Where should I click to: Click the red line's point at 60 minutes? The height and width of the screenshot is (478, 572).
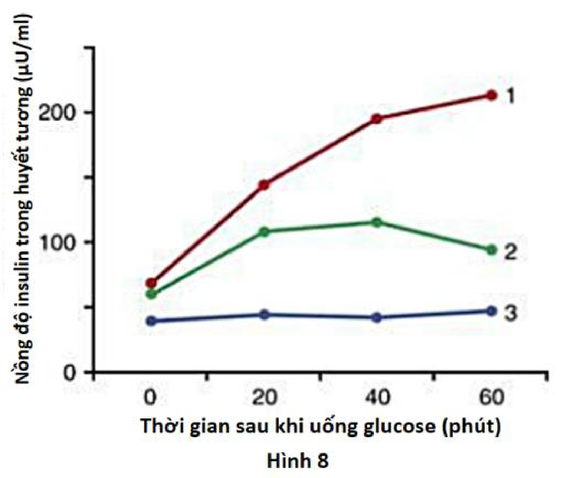pos(491,95)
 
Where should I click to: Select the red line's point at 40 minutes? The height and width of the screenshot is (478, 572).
pos(376,119)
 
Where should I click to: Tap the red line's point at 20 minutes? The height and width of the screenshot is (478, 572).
pos(264,185)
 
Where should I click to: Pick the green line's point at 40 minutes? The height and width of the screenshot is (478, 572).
pos(376,222)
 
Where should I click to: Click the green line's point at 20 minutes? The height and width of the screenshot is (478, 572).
pos(264,232)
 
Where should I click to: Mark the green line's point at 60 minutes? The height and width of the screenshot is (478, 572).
pos(491,251)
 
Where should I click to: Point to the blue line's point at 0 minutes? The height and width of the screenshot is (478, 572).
pos(151,321)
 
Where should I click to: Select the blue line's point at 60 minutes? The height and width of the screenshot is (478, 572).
pos(491,311)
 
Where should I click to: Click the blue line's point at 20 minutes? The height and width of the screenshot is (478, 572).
pos(264,314)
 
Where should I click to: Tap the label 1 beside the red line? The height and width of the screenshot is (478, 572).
pos(510,96)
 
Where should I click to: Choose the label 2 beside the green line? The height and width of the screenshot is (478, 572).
pos(511,253)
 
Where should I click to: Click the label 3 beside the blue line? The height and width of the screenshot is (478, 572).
pos(511,313)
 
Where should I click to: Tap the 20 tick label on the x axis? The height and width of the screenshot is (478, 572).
pos(264,398)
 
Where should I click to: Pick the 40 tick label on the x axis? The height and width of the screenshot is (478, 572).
pos(376,398)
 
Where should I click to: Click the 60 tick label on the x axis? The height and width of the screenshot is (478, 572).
pos(490,398)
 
